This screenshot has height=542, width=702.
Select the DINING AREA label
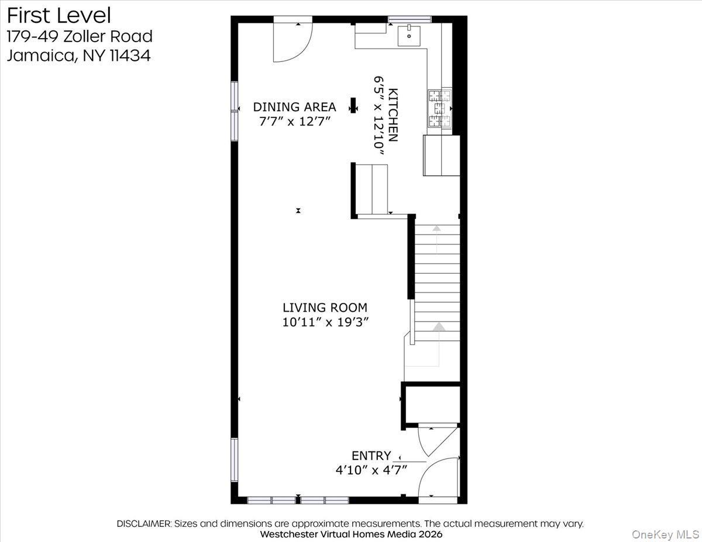pyautogui.click(x=294, y=107)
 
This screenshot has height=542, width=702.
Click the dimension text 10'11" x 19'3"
pyautogui.click(x=325, y=322)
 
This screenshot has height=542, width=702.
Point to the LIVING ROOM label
pyautogui.click(x=325, y=308)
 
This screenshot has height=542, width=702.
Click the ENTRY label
pyautogui.click(x=371, y=456)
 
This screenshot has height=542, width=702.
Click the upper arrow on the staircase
pyautogui.click(x=436, y=229)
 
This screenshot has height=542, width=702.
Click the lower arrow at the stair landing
pyautogui.click(x=438, y=327)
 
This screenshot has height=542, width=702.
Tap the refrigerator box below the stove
pyautogui.click(x=441, y=156)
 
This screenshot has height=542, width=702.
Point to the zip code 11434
pyautogui.click(x=130, y=56)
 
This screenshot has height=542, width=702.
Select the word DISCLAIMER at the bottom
pyautogui.click(x=143, y=524)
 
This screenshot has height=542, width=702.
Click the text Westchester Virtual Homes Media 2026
pyautogui.click(x=351, y=534)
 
